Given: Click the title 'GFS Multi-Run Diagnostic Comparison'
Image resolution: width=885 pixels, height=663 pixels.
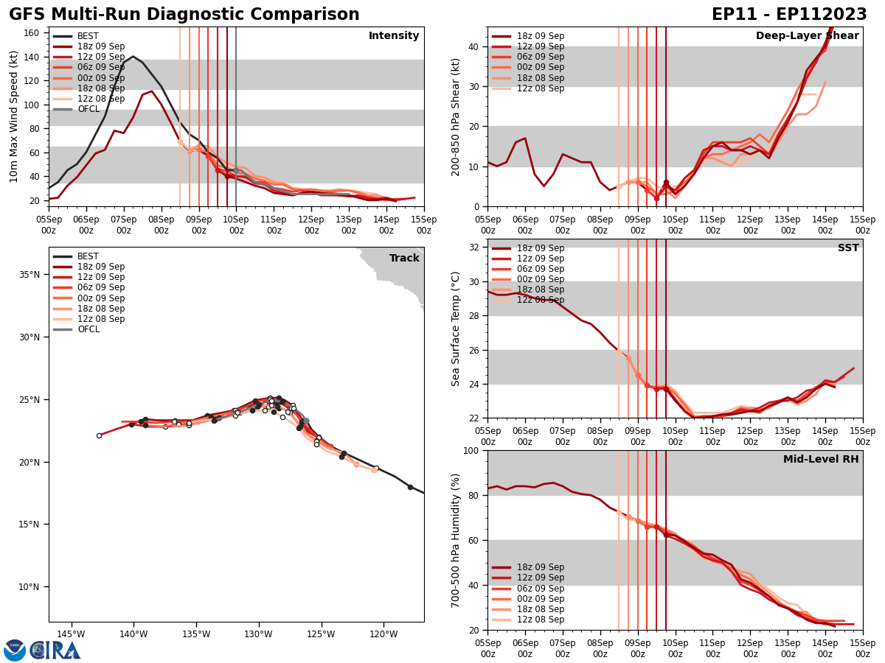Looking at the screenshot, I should (184, 15).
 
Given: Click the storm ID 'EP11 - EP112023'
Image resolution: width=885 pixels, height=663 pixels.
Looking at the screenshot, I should (789, 15).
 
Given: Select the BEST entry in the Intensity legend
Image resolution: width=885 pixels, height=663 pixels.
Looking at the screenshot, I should (88, 36).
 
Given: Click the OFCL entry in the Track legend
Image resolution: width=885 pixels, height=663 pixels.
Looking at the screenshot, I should (88, 329).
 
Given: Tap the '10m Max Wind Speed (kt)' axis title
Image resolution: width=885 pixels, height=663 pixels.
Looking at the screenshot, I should (14, 116).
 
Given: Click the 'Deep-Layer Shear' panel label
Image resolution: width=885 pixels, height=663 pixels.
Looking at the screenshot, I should (807, 36).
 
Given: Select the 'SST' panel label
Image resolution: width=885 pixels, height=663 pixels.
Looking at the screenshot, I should (848, 248).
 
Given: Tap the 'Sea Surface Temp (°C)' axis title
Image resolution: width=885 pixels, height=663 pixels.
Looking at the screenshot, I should (456, 329).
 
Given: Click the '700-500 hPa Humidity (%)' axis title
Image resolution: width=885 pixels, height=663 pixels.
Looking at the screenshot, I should (456, 540).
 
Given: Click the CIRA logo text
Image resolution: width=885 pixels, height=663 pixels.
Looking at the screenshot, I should (55, 650).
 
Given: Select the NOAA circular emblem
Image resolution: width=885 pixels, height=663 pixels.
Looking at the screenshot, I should (15, 650).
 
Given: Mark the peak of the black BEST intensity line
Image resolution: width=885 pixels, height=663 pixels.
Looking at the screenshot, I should (133, 57).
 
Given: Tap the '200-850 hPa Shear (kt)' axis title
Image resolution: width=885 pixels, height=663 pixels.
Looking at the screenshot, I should (456, 116).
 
